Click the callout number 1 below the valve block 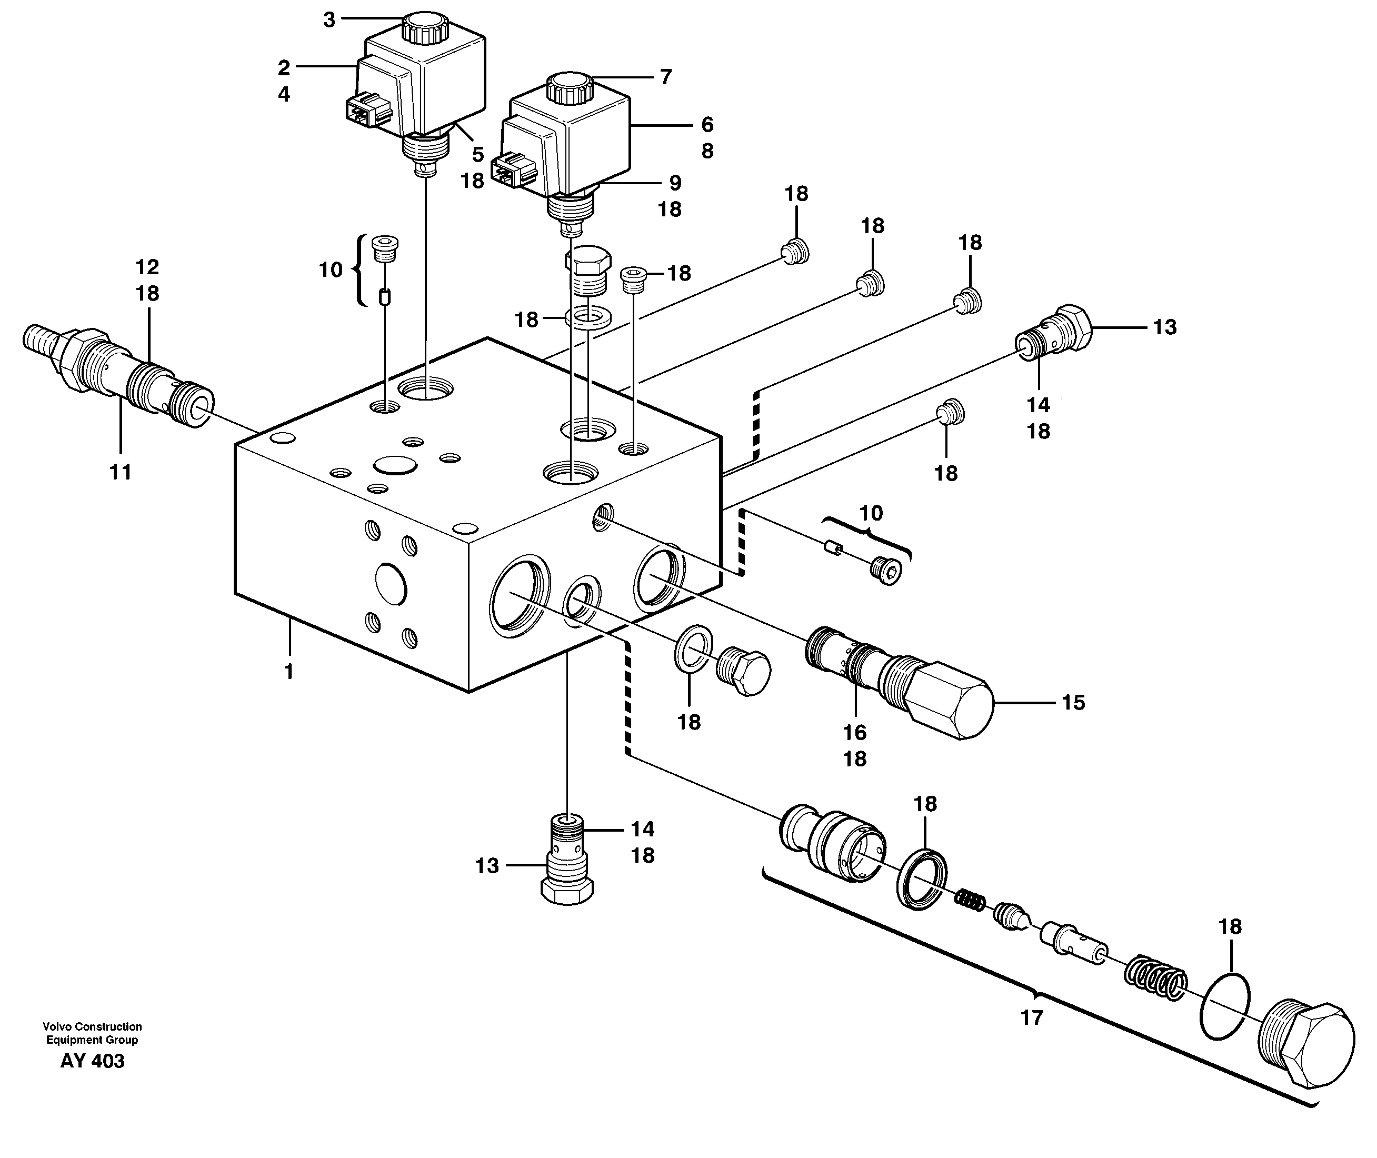click(287, 672)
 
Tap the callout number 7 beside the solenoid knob click(665, 77)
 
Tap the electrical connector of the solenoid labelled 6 click(515, 170)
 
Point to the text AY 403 click(92, 1062)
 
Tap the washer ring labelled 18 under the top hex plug click(588, 319)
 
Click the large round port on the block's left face click(391, 583)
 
